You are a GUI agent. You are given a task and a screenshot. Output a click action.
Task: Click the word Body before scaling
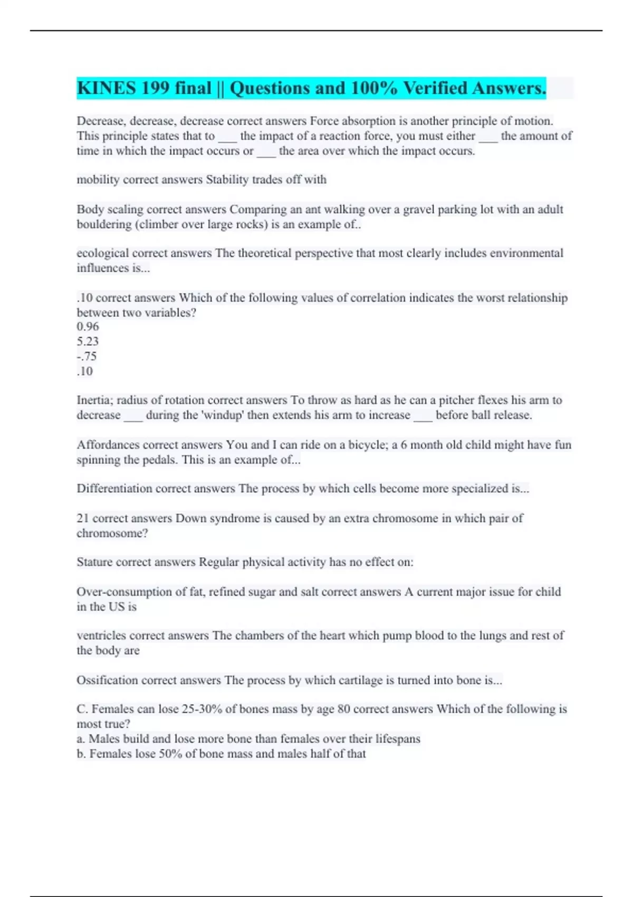point(90,209)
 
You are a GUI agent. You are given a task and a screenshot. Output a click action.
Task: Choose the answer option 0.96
point(88,327)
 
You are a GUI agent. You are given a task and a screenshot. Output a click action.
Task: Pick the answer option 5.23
point(88,341)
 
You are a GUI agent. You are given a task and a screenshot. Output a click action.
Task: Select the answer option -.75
point(87,356)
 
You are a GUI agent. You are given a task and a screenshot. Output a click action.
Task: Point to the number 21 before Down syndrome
point(83,518)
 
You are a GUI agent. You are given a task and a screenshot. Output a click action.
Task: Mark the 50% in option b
point(170,754)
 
